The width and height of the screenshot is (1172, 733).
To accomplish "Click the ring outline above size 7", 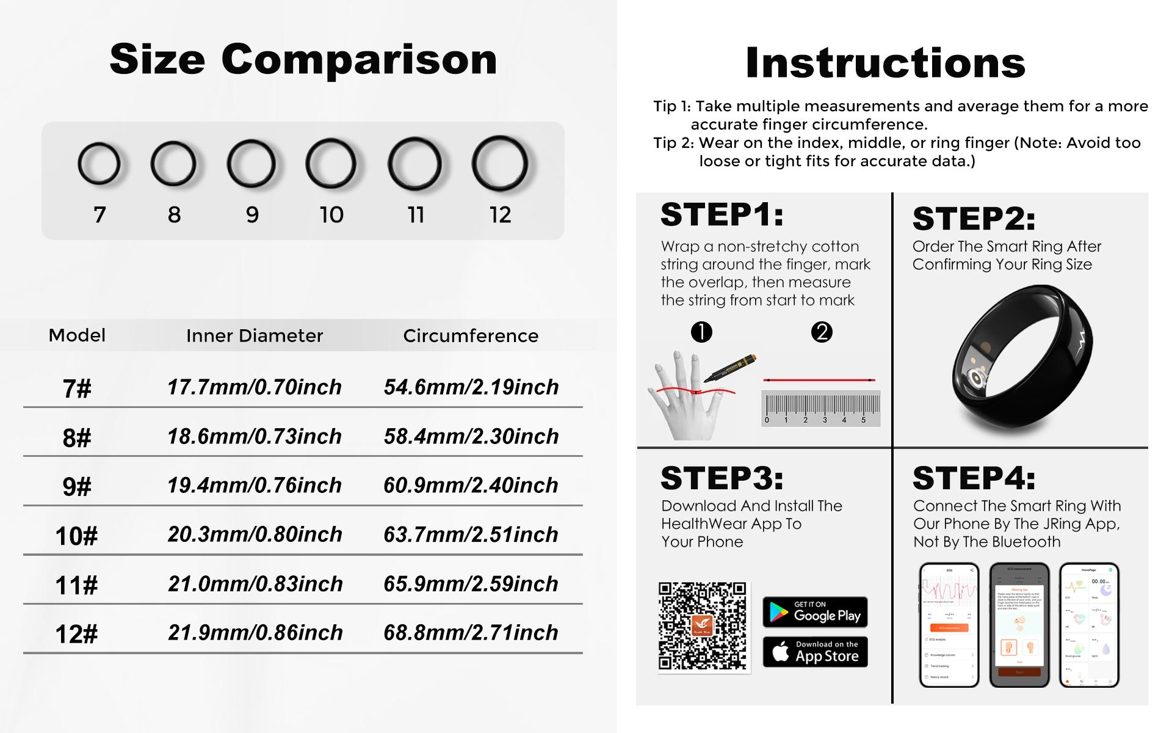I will (x=99, y=164).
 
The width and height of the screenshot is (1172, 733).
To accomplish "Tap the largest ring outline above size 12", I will (x=499, y=164).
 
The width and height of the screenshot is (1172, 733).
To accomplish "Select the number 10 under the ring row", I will (x=331, y=214).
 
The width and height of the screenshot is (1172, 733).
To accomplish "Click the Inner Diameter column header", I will (x=255, y=335).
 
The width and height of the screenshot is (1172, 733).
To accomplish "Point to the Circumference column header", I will (x=471, y=335).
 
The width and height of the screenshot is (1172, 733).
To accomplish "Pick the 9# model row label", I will (x=77, y=487).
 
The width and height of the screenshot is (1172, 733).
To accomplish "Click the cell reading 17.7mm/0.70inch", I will (x=255, y=387).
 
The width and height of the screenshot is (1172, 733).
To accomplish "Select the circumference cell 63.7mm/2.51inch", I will (x=471, y=534).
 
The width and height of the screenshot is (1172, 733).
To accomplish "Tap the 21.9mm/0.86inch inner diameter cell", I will (x=255, y=633).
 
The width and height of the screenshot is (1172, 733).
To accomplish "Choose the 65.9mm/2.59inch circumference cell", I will (x=471, y=584).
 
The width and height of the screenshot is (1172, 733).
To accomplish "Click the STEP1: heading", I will (x=722, y=214).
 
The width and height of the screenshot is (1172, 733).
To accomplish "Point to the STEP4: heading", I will (x=974, y=478).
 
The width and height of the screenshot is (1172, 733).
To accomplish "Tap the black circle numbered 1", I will (x=701, y=332).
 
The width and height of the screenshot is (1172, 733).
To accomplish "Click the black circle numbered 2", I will (x=822, y=332).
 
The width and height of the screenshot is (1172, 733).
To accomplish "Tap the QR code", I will (x=703, y=626).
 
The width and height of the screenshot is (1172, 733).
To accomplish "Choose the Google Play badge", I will (x=815, y=612).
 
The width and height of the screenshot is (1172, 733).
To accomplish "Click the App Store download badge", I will (x=815, y=652).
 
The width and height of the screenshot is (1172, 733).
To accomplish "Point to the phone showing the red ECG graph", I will (x=949, y=624).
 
